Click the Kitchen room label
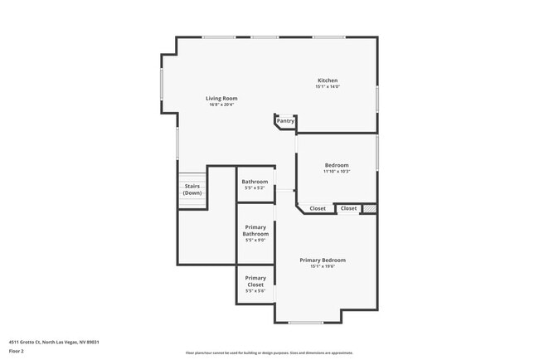coord(327,80)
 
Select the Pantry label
coord(285,121)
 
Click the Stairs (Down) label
coord(192,190)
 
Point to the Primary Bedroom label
coord(323,260)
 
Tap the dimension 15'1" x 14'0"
coord(327,87)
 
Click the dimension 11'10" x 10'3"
coord(337,172)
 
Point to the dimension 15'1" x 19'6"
coord(323,266)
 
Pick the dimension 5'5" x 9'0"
coord(255,241)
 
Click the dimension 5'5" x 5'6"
coord(255,291)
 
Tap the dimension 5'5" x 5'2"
coord(255,188)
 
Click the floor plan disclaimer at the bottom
coord(269,353)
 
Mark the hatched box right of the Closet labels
coord(370,208)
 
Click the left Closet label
coord(318,208)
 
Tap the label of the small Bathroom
coord(255,182)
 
